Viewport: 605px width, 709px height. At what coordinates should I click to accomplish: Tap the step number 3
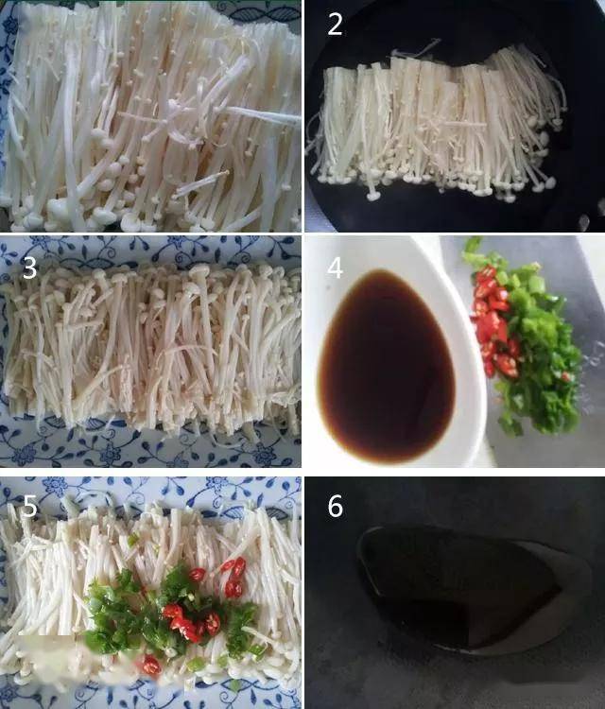pos(30,268)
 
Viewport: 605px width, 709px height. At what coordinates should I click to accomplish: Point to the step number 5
pos(30,508)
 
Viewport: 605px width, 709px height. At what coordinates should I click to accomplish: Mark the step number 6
pos(335,507)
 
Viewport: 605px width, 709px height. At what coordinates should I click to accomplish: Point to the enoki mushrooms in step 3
pos(151,350)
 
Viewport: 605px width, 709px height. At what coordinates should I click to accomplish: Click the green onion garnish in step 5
pos(123,614)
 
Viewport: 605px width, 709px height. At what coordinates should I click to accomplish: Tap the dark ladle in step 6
pos(454,586)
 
